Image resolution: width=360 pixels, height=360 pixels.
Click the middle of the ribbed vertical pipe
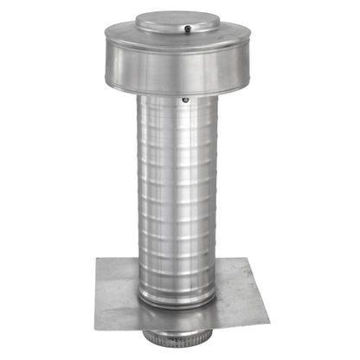(178, 199)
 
